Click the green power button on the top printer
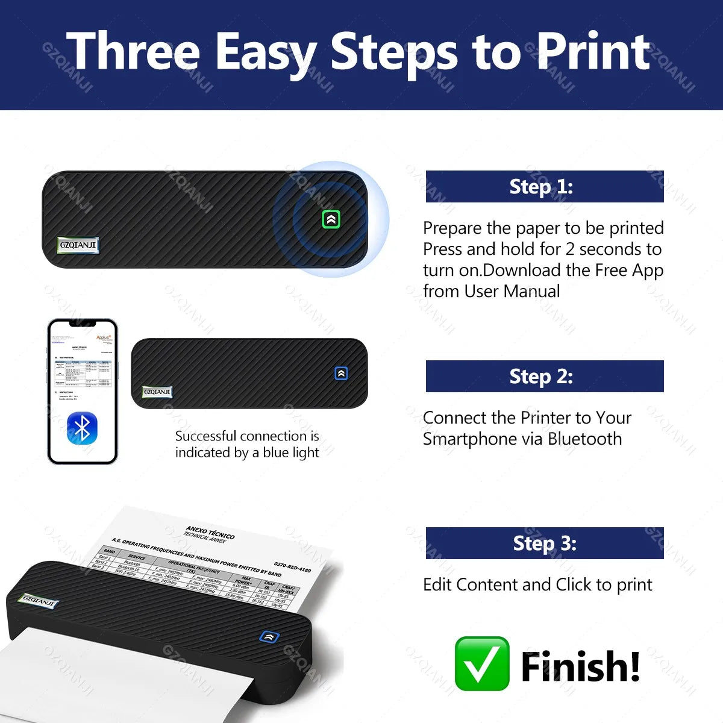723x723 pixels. click(x=331, y=219)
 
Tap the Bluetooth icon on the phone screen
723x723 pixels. click(x=83, y=428)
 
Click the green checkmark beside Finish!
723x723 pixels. click(x=481, y=663)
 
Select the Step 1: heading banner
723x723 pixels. click(x=544, y=186)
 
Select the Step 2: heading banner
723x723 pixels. click(x=544, y=377)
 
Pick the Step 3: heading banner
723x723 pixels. click(x=544, y=543)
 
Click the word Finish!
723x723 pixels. click(x=580, y=666)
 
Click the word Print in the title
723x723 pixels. click(x=593, y=52)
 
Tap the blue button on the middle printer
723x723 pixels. click(x=341, y=374)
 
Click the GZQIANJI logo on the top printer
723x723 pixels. click(x=78, y=245)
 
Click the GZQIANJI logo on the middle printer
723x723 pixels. click(x=157, y=392)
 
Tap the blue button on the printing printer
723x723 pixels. click(x=269, y=636)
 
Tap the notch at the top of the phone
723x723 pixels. click(x=83, y=324)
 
